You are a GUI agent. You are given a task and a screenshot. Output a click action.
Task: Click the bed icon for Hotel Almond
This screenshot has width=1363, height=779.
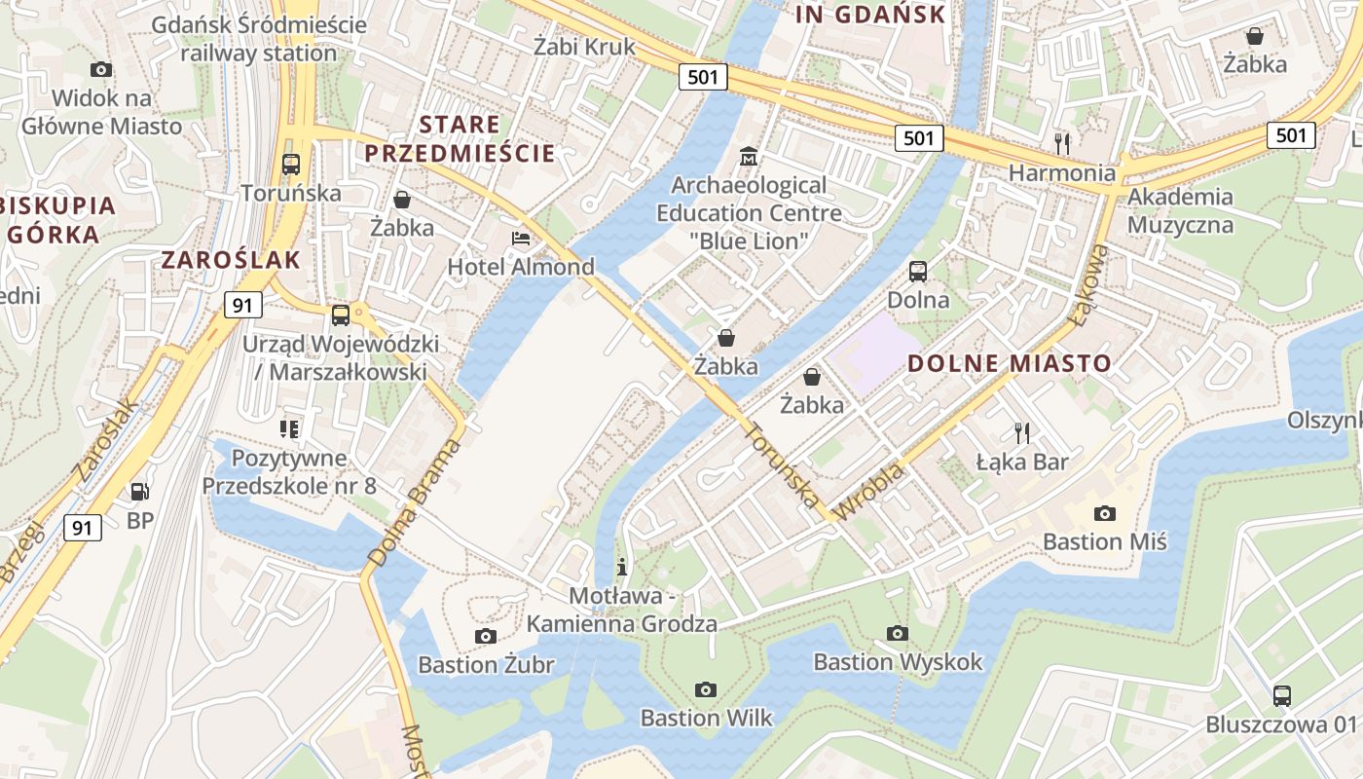tap(521, 239)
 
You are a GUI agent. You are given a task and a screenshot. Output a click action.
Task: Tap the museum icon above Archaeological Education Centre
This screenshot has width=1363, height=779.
tap(749, 156)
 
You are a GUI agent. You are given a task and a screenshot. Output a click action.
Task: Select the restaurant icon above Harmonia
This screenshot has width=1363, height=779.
tap(1062, 144)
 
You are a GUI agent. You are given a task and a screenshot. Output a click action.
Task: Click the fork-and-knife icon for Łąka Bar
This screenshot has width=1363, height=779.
tap(1021, 432)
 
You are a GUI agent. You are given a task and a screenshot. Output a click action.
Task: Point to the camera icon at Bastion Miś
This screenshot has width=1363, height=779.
tap(1105, 513)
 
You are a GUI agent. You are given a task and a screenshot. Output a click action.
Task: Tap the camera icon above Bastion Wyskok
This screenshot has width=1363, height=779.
tap(898, 634)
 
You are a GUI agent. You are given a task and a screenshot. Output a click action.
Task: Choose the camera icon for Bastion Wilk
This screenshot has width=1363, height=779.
tap(706, 690)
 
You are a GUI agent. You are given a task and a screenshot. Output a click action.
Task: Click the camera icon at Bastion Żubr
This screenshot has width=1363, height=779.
tap(485, 637)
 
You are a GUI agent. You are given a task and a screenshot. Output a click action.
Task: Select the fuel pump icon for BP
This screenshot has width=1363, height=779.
tap(140, 493)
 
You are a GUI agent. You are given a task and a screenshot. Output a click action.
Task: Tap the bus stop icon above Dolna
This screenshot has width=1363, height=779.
tap(918, 272)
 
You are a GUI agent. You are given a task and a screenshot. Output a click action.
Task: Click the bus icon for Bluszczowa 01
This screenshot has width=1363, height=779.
tap(1282, 696)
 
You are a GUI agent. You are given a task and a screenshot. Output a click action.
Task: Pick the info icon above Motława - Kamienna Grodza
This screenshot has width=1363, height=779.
tap(622, 567)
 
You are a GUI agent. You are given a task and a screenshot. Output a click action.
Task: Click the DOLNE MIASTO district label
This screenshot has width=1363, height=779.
tap(1009, 364)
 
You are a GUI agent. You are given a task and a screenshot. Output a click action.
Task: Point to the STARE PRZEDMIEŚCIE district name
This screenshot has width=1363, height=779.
tap(460, 139)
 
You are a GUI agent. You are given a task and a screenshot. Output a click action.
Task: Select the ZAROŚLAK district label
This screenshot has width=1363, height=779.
tap(231, 260)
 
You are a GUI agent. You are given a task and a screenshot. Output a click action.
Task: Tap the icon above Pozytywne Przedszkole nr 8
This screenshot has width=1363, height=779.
tap(289, 428)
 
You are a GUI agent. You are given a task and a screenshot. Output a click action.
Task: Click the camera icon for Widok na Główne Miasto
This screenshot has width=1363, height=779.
tap(101, 70)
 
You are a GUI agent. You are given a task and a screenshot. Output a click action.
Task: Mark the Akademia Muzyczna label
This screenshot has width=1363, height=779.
tap(1180, 211)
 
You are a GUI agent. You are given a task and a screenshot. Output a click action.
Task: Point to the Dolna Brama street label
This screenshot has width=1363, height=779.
tap(415, 503)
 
